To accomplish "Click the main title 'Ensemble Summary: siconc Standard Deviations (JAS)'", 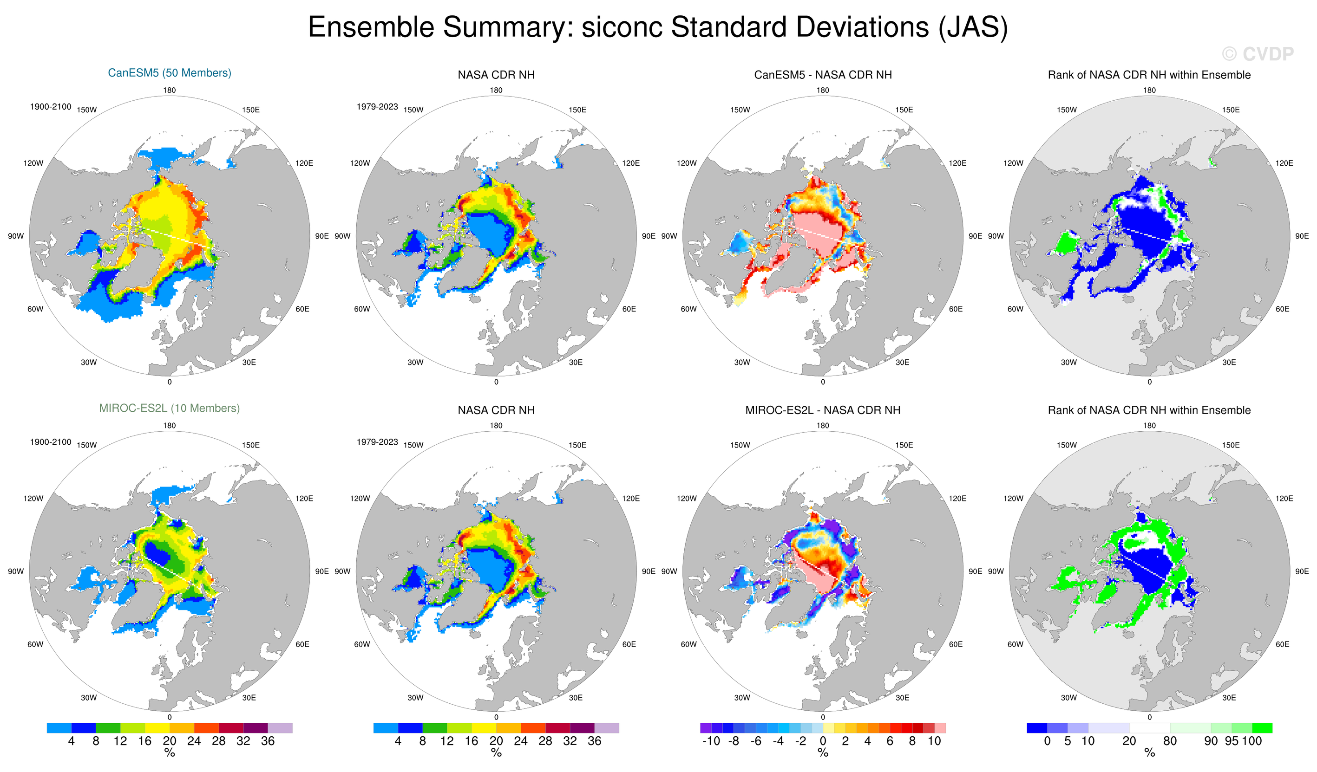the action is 657,27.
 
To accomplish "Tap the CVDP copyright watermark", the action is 1258,54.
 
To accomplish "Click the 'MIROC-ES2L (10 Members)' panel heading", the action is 169,409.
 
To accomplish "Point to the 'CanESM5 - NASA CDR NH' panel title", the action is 823,75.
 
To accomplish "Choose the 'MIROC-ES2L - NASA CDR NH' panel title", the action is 823,410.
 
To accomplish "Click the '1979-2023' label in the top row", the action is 377,107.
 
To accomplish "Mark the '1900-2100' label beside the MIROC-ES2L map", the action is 50,442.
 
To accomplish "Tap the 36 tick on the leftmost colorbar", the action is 268,740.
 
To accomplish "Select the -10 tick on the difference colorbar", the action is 711,740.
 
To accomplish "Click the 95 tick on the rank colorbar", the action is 1231,740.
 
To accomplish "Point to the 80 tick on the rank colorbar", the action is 1170,740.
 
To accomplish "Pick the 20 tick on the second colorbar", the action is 496,740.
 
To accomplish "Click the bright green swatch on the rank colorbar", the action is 1262,727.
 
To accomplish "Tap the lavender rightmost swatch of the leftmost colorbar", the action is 280,727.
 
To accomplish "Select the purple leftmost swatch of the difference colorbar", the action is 706,727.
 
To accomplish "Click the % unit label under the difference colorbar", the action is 823,753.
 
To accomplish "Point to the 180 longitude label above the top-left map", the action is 169,91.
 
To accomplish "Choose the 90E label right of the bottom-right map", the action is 1301,571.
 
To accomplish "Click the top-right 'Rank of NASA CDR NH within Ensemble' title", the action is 1149,75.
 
